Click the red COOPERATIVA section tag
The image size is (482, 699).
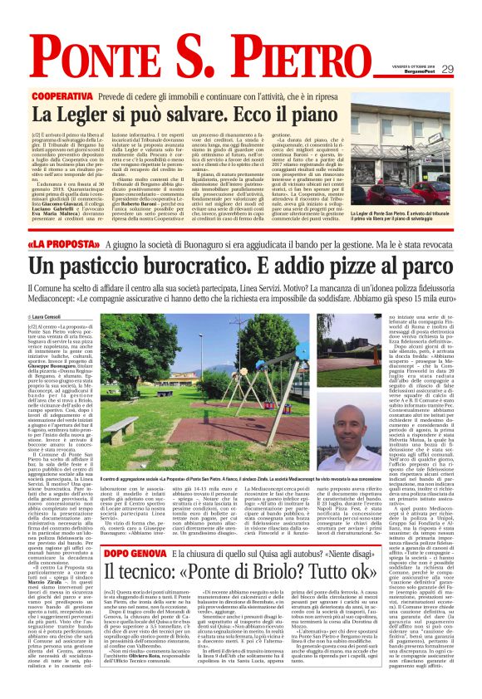pos(61,96)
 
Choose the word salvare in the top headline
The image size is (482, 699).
pos(170,114)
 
